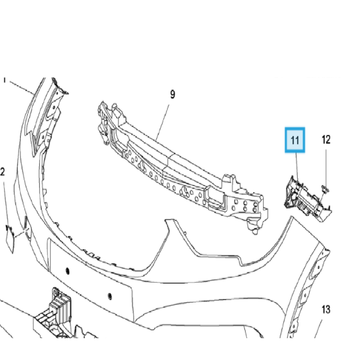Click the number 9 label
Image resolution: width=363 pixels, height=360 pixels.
tap(172, 94)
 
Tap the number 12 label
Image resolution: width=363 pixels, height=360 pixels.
tap(326, 140)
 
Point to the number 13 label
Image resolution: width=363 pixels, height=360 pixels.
tap(325, 310)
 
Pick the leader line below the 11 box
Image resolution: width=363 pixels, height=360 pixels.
tap(296, 165)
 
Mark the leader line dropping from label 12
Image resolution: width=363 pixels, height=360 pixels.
tap(325, 166)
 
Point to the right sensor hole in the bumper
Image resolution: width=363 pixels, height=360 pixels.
tap(110, 297)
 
